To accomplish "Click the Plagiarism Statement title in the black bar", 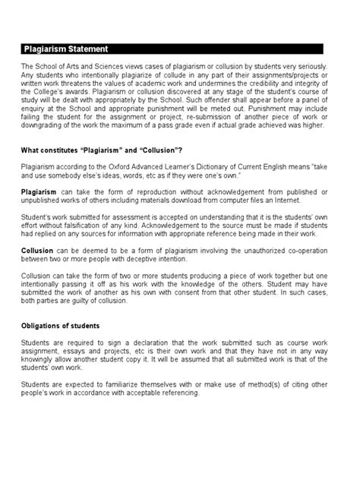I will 65,49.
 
